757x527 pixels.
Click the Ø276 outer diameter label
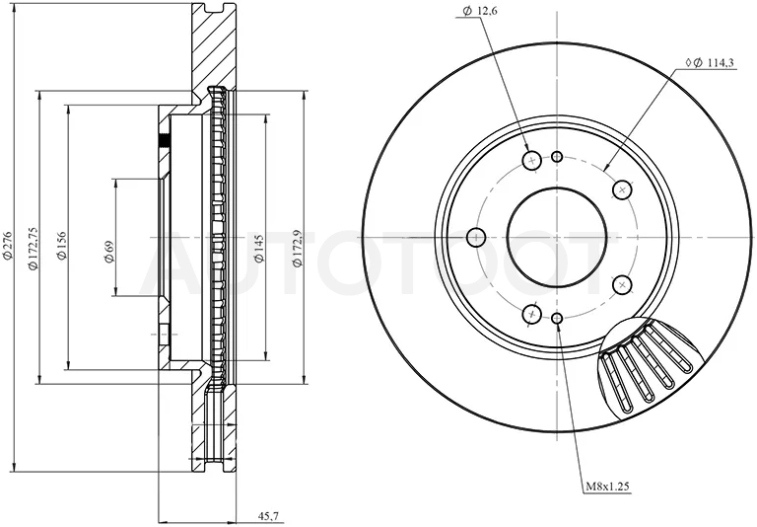(x=7, y=244)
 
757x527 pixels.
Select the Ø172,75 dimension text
(x=33, y=248)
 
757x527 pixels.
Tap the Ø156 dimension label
(x=61, y=246)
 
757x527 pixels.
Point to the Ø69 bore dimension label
(x=109, y=252)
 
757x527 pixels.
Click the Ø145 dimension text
(x=259, y=249)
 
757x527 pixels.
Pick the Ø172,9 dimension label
(x=297, y=248)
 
